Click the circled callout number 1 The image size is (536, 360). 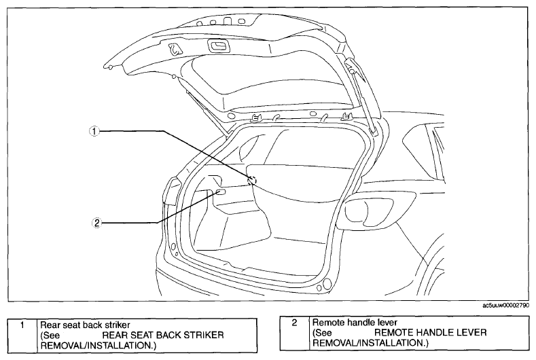[x=94, y=131]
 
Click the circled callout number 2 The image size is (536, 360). [x=96, y=223]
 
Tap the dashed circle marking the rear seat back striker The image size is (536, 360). [x=252, y=180]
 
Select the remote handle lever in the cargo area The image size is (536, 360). [x=221, y=192]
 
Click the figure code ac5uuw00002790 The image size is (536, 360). [x=506, y=305]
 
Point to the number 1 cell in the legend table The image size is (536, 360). [x=22, y=325]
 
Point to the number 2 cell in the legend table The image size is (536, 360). [x=294, y=323]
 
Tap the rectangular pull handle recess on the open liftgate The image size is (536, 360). [x=218, y=46]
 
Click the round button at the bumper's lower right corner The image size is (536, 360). [x=327, y=283]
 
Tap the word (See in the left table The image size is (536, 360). [x=50, y=336]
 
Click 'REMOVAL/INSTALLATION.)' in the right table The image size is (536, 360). [x=370, y=342]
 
